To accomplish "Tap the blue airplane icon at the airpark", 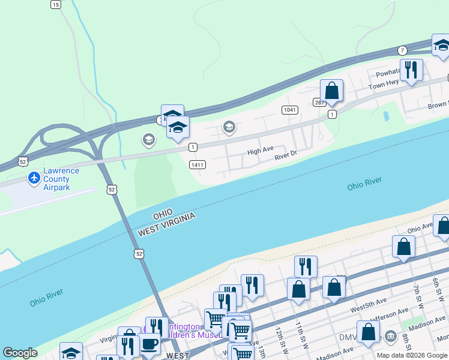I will [x=34, y=178].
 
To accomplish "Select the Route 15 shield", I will [x=55, y=4].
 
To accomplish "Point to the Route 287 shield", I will [x=319, y=103].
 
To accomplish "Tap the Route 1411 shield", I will [x=197, y=164].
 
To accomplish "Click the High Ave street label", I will [x=261, y=150].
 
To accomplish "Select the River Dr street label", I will [x=286, y=155].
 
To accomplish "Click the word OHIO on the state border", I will [x=163, y=214].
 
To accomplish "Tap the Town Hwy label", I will [x=384, y=85].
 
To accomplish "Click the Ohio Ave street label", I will [x=420, y=227].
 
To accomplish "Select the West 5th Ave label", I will [x=369, y=311].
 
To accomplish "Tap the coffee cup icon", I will [x=149, y=344].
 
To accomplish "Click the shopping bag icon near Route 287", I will [x=331, y=91].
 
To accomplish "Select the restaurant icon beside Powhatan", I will [x=411, y=70].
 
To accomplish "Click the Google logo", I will [x=20, y=353].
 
